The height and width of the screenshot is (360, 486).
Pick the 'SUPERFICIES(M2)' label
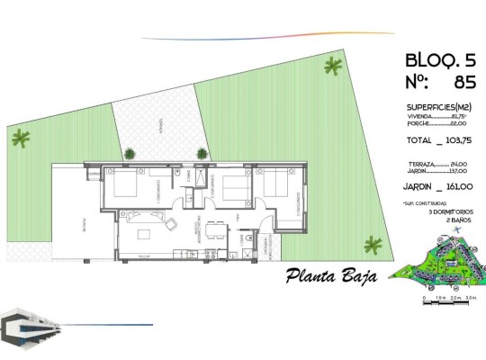point(438,107)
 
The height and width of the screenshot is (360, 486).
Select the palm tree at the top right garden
point(334,66)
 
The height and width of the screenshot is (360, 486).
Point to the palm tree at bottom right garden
point(372,242)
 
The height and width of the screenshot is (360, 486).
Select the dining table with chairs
point(214,229)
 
